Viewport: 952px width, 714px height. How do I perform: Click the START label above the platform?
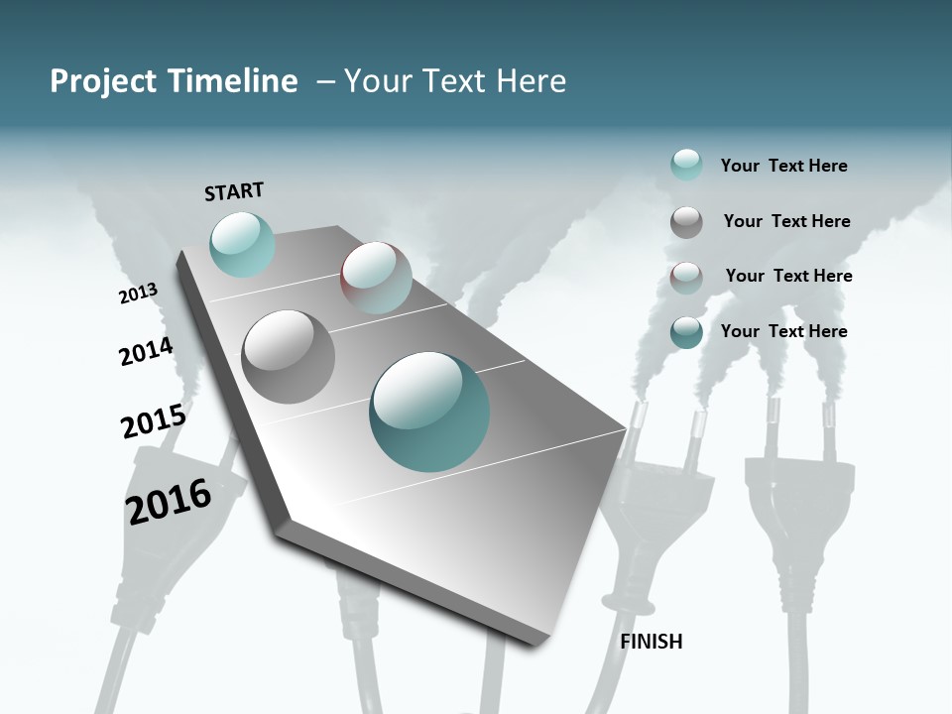[234, 191]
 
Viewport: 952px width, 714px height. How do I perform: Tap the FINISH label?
[652, 642]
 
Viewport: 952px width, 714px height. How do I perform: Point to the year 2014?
[146, 351]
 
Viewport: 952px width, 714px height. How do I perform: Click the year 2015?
[154, 421]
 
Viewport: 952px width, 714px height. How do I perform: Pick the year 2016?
[169, 501]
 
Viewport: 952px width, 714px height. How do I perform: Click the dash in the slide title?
[325, 81]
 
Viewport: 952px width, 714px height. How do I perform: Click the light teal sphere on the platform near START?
[242, 244]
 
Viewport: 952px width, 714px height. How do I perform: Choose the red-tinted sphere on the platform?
[376, 278]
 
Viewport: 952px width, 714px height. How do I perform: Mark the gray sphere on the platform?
[289, 356]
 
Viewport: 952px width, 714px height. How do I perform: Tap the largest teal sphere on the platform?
[429, 412]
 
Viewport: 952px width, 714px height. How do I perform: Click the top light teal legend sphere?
[686, 165]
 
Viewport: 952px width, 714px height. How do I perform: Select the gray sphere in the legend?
[686, 222]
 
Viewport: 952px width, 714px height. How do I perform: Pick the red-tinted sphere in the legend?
[686, 278]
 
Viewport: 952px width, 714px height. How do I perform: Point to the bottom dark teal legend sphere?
[686, 332]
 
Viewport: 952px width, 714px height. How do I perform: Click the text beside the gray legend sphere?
[786, 221]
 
